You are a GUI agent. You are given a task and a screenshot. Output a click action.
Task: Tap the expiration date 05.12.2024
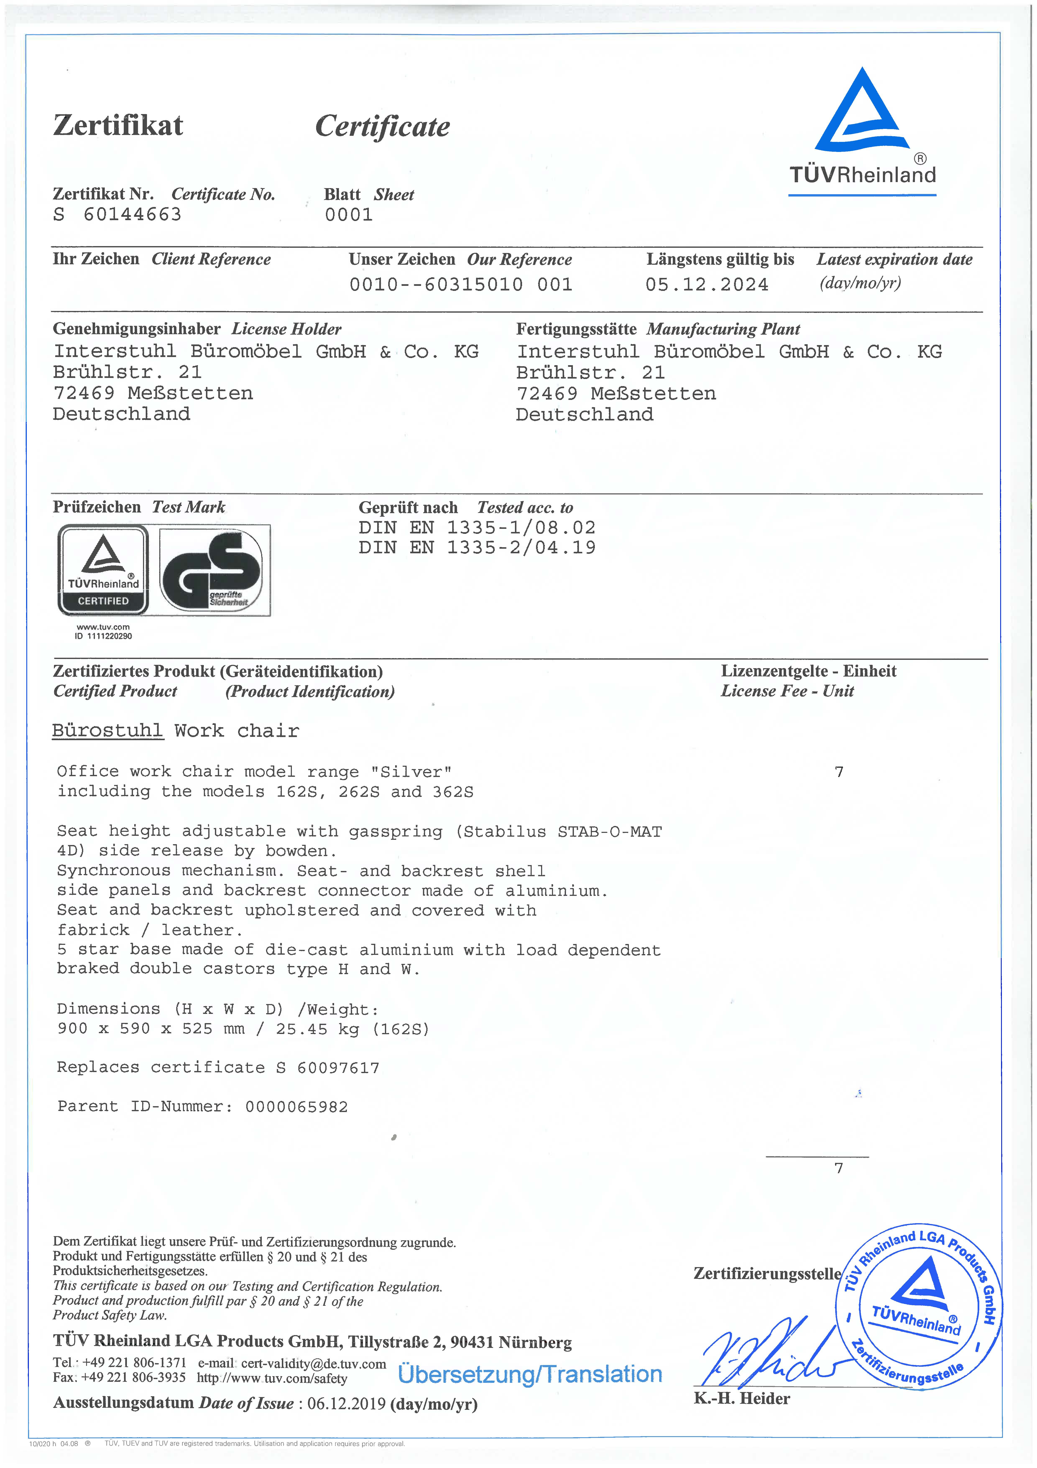pos(707,285)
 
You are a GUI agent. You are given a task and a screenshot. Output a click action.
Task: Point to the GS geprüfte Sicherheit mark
pos(215,570)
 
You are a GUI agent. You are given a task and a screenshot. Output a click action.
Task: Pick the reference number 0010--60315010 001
pos(461,285)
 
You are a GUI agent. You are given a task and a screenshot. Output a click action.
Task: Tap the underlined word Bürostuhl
pos(107,731)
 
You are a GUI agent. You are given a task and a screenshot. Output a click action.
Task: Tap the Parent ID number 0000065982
pos(296,1107)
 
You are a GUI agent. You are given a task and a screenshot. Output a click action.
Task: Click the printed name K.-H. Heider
pos(742,1398)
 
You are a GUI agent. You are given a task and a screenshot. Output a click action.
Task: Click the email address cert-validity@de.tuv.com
pos(314,1364)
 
